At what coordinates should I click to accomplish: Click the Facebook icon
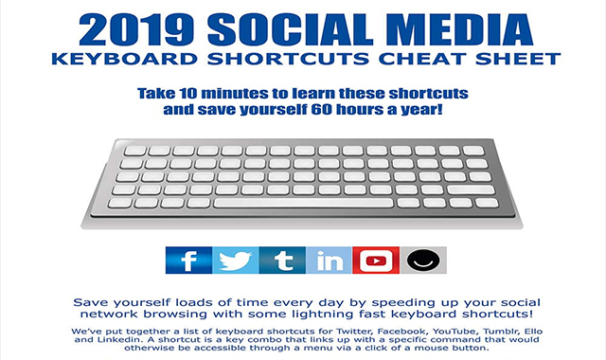(187, 261)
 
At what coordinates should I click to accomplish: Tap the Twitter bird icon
(233, 261)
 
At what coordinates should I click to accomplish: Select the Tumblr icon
(280, 261)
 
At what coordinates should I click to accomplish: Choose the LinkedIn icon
(328, 261)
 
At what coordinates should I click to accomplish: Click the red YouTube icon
(375, 261)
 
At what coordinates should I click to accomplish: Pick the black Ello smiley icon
(419, 261)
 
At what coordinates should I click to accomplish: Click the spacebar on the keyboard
(302, 202)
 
